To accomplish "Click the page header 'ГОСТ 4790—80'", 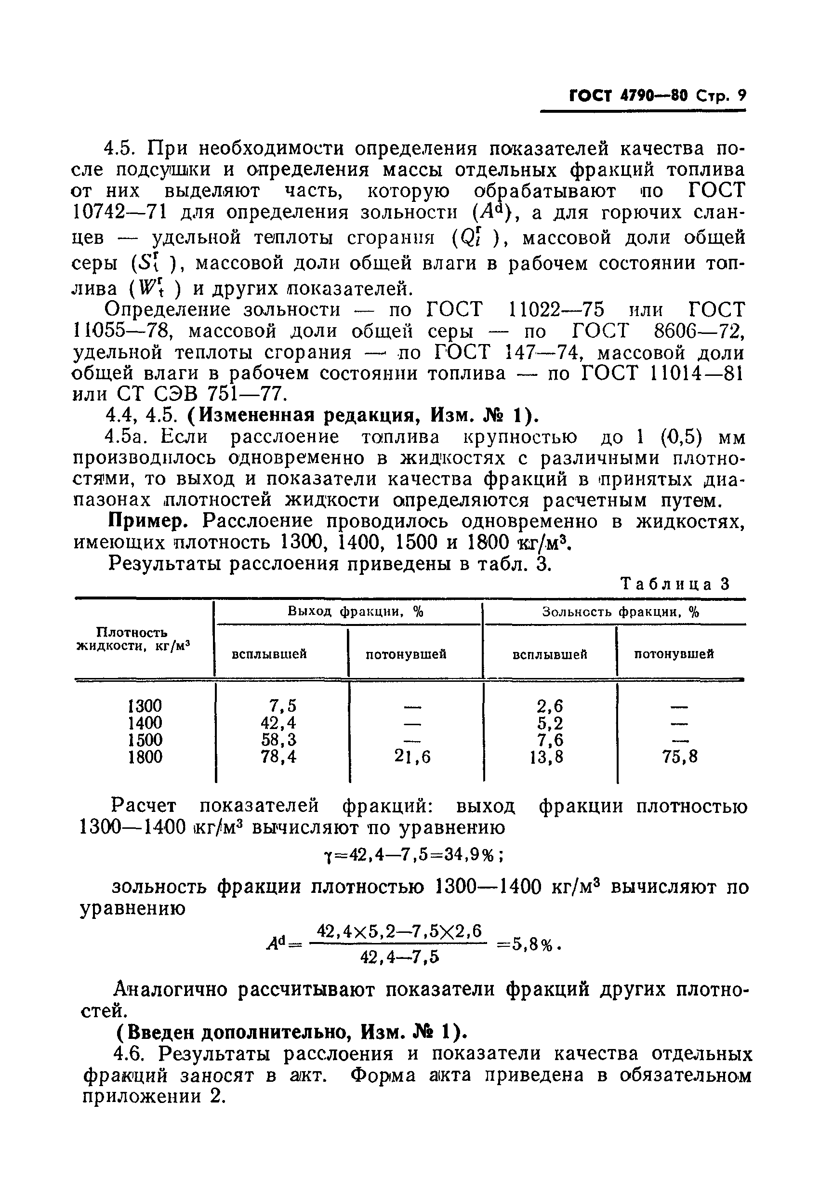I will click(628, 96).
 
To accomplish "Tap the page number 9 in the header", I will click(741, 96).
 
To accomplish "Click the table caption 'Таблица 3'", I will click(675, 584).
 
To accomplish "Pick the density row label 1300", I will click(145, 705).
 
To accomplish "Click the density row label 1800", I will click(145, 757).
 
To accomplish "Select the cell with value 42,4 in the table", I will click(278, 722).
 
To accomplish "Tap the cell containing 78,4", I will click(278, 757).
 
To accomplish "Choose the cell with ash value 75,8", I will click(680, 757).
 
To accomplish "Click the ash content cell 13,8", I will click(546, 757).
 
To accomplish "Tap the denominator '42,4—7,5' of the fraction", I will click(400, 957).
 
